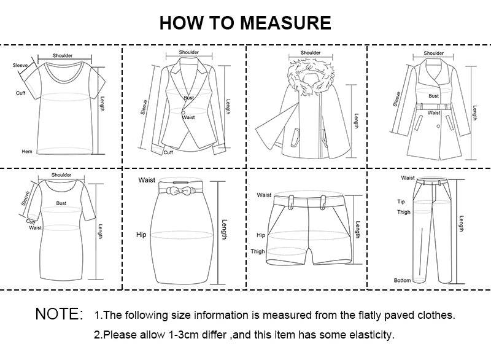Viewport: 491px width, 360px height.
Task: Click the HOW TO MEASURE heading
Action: pyautogui.click(x=245, y=23)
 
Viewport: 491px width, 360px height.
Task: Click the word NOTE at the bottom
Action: pyautogui.click(x=59, y=315)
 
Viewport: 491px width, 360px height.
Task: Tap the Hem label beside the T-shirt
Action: pyautogui.click(x=26, y=151)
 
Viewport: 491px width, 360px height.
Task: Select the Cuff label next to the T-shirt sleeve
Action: pyautogui.click(x=20, y=93)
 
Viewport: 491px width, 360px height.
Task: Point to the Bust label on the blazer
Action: pyautogui.click(x=188, y=98)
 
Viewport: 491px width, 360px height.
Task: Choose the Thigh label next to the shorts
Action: pyautogui.click(x=257, y=251)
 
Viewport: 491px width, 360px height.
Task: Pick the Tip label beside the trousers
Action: pyautogui.click(x=401, y=202)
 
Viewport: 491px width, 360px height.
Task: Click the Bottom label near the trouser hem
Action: pyautogui.click(x=402, y=281)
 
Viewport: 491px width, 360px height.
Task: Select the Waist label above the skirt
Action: pyautogui.click(x=147, y=180)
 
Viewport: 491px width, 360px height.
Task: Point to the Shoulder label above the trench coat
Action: pyautogui.click(x=434, y=53)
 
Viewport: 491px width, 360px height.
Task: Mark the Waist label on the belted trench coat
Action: pyautogui.click(x=434, y=113)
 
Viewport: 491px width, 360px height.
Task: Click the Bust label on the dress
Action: pyautogui.click(x=61, y=203)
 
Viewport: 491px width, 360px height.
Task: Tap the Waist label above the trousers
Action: pyautogui.click(x=408, y=178)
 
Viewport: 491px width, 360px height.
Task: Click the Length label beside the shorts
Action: pyautogui.click(x=357, y=230)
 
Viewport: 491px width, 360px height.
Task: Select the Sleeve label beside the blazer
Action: pyautogui.click(x=144, y=107)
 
